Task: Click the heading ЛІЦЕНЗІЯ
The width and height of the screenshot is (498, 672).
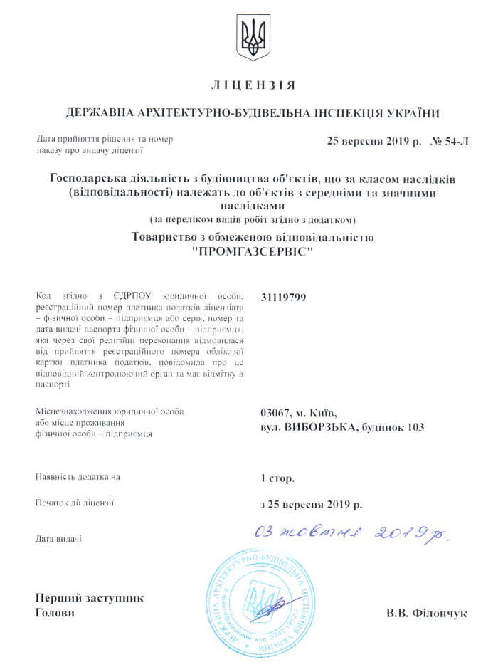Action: pyautogui.click(x=253, y=86)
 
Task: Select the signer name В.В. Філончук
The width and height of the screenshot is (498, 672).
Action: pyautogui.click(x=426, y=612)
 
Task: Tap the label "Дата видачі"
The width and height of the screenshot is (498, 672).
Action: pyautogui.click(x=58, y=539)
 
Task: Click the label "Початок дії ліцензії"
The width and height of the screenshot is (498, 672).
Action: pyautogui.click(x=75, y=503)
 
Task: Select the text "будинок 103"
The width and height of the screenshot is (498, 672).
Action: pyautogui.click(x=393, y=427)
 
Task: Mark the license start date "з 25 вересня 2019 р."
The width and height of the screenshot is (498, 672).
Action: pyautogui.click(x=312, y=505)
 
